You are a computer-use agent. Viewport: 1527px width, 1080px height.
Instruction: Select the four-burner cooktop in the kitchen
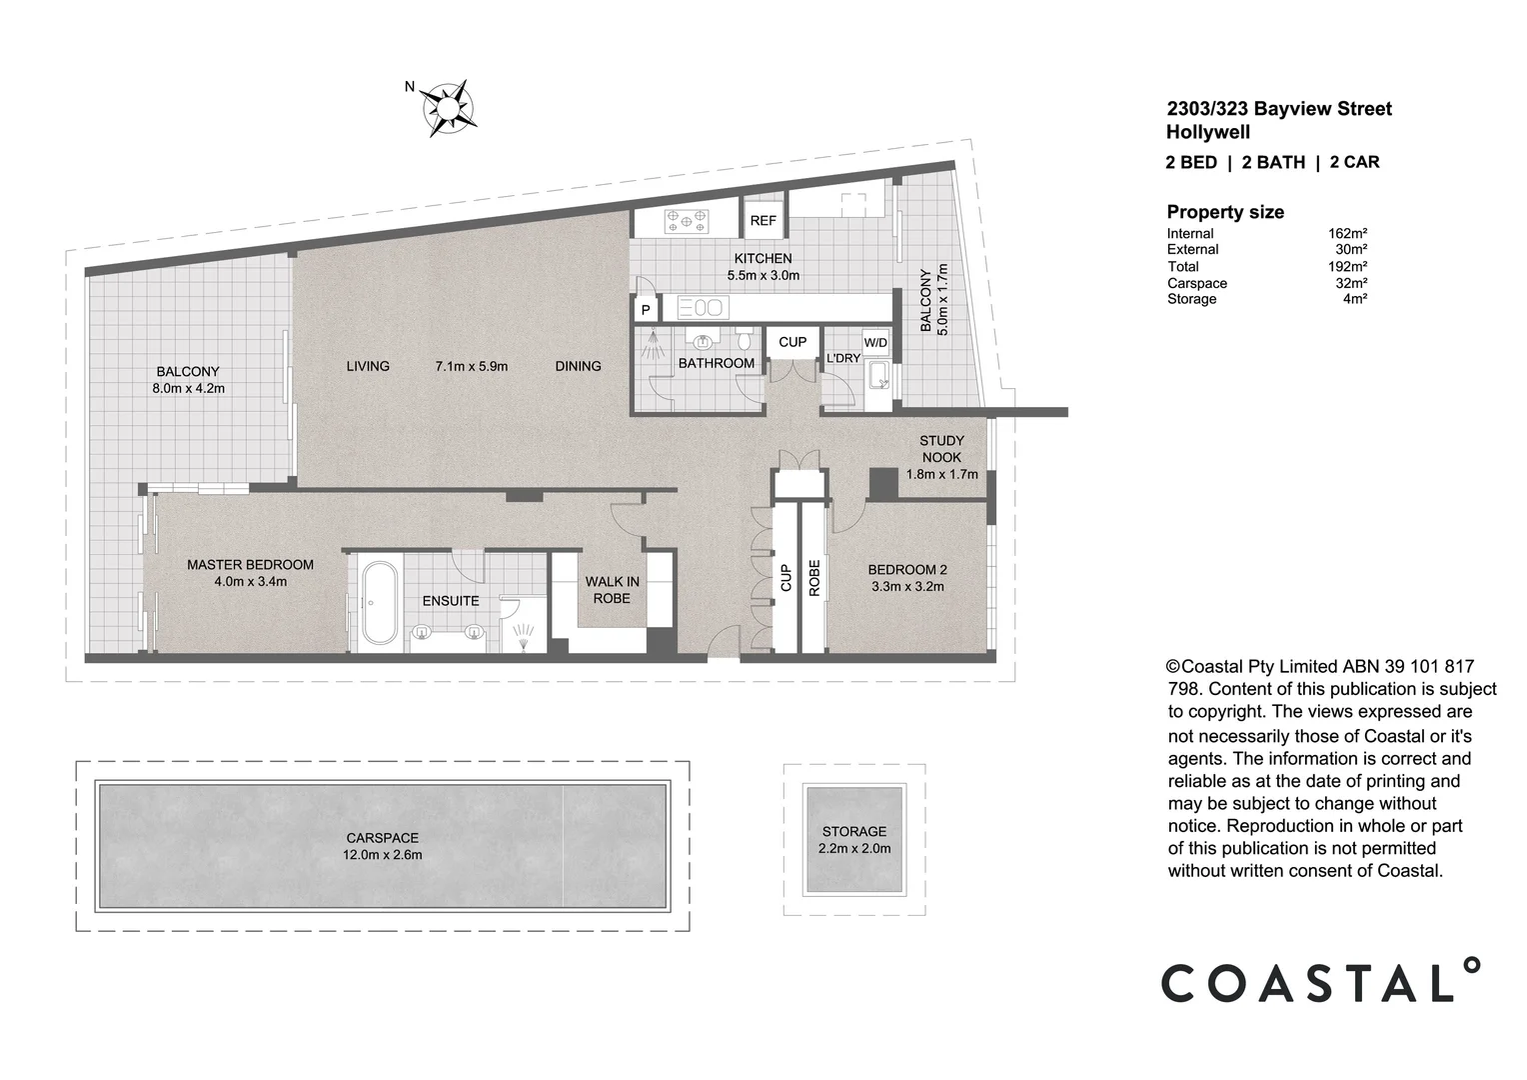[x=687, y=221]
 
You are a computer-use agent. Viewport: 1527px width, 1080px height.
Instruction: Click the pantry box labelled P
[x=646, y=310]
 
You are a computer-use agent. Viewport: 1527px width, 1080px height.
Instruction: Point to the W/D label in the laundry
[x=875, y=342]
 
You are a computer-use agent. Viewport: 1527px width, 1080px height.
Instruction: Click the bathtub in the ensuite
[x=379, y=603]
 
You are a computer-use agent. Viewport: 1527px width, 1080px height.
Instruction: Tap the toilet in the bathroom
[x=745, y=338]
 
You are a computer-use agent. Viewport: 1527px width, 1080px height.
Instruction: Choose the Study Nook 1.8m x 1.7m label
[x=941, y=457]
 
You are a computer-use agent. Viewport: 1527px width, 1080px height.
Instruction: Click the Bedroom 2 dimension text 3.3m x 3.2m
[x=907, y=586]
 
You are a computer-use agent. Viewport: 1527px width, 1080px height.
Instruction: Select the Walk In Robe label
[x=613, y=590]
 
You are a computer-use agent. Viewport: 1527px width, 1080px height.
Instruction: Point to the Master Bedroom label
[x=250, y=565]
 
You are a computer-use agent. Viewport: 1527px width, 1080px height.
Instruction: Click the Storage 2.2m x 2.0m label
[x=854, y=840]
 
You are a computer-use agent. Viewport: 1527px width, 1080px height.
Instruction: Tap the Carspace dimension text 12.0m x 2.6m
[x=383, y=855]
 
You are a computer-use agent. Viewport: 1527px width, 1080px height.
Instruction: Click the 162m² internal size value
[x=1347, y=233]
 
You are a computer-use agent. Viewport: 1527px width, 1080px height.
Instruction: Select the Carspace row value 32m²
[x=1351, y=282]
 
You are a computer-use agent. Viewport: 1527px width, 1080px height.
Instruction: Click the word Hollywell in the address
[x=1208, y=132]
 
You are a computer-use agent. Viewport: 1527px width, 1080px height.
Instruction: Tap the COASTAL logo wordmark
[x=1320, y=981]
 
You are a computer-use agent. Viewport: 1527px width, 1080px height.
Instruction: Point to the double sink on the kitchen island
[x=704, y=308]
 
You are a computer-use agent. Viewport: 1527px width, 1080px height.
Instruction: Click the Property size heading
[x=1225, y=212]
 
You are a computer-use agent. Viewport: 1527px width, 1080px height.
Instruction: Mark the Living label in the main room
[x=368, y=366]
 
